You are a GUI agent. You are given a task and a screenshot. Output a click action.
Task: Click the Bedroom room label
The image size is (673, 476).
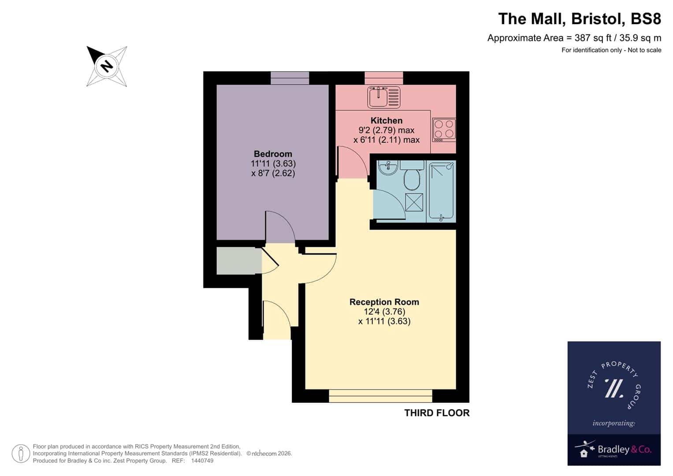click(273, 154)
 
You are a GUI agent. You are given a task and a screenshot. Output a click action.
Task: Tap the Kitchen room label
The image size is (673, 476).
click(387, 120)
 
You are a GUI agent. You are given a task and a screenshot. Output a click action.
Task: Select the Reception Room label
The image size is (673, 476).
click(384, 302)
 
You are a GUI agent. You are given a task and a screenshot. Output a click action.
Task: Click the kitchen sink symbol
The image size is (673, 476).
click(384, 97)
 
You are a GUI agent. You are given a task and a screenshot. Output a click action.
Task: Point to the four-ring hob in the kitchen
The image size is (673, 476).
click(444, 130)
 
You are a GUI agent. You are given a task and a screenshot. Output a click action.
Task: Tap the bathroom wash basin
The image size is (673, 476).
click(388, 167)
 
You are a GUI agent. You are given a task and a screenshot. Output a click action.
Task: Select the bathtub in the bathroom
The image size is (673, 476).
click(441, 191)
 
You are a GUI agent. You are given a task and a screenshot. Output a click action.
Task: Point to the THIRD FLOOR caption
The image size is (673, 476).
click(437, 413)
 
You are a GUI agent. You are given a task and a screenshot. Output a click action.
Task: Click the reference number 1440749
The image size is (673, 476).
click(202, 461)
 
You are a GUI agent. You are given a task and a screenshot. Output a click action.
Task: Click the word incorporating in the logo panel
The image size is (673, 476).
click(614, 424)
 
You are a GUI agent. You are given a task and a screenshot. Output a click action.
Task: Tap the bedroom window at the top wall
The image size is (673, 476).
click(290, 78)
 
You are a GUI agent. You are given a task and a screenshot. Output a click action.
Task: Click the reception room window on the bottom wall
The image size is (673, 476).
click(380, 396)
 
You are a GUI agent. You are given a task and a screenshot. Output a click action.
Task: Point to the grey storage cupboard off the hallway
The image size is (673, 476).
click(239, 261)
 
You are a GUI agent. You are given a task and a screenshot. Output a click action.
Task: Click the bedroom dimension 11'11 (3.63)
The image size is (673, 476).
click(273, 164)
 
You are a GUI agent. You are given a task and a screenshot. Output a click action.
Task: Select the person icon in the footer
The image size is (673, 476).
click(21, 454)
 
